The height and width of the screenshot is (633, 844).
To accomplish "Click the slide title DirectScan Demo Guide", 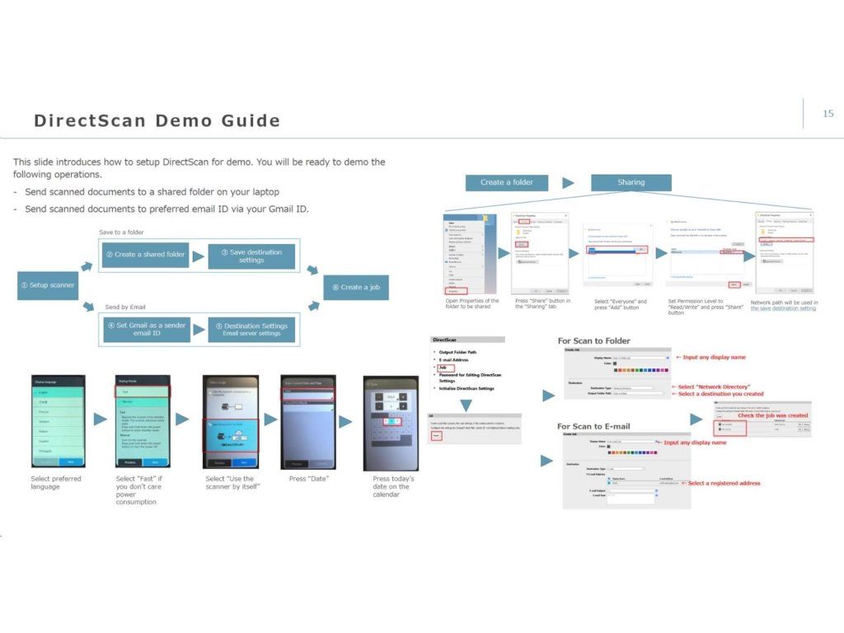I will click(157, 121).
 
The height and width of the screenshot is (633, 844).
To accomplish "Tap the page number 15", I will click(828, 114).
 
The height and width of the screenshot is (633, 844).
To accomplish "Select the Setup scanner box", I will click(48, 285).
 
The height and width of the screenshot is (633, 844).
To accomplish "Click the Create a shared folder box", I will click(145, 255).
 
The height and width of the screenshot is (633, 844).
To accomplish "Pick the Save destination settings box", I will click(251, 256).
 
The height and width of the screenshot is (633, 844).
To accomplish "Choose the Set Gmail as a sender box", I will click(145, 329).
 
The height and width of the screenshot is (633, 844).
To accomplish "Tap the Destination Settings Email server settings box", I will click(251, 329).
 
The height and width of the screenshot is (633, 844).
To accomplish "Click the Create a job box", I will click(355, 287).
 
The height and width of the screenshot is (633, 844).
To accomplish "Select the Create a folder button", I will click(507, 182).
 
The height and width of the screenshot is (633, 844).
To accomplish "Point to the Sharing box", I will click(631, 182).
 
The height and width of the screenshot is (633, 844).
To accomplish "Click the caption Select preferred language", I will click(56, 482).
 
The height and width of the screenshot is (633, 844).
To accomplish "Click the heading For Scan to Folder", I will click(593, 340).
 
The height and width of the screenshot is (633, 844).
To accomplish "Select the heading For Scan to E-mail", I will click(593, 426).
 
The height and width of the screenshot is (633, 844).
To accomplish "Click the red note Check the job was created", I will click(772, 415).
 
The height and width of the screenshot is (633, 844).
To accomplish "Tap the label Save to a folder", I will click(121, 232).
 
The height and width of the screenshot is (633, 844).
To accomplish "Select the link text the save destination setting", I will click(783, 308).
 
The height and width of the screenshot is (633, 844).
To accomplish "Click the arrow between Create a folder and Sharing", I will click(568, 182).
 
